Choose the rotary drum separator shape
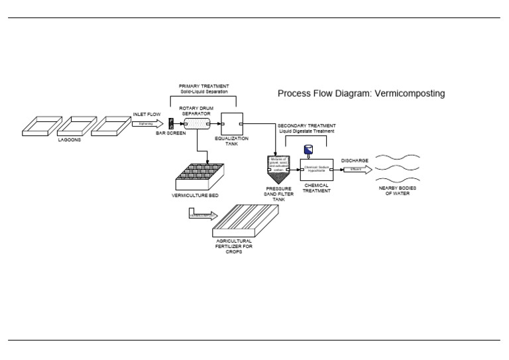[x=197, y=123]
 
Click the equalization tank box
[x=231, y=123]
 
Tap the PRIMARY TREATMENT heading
[x=204, y=86]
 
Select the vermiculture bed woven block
[x=199, y=176]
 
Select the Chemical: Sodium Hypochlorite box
[x=317, y=170]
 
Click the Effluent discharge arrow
[x=355, y=170]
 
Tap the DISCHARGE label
[x=355, y=160]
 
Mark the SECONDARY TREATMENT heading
[x=306, y=125]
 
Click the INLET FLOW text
[x=146, y=114]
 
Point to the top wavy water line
[x=401, y=157]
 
